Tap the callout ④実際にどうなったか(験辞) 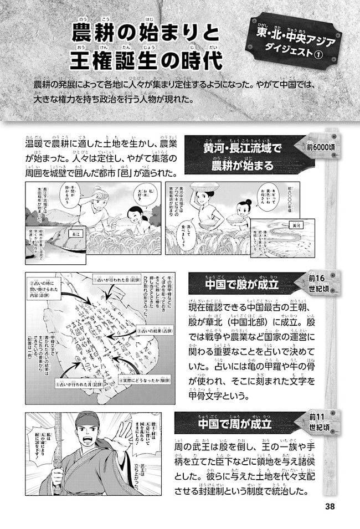click(x=146, y=382)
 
